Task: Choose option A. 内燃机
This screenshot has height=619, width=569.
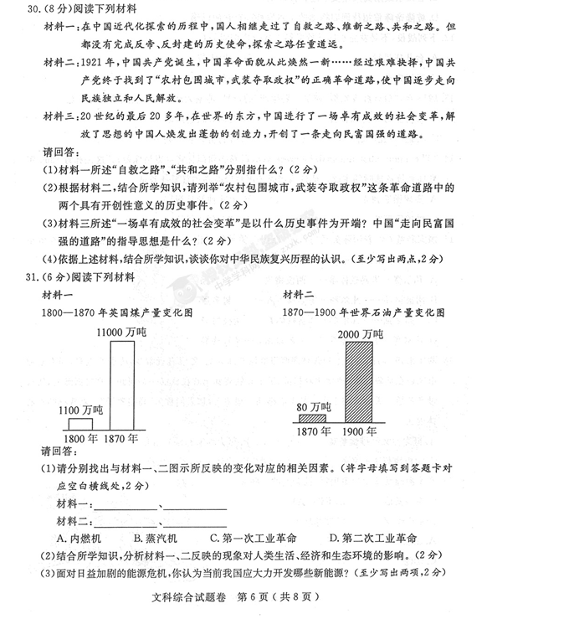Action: (79, 538)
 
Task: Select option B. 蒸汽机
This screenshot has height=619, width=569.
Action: (156, 538)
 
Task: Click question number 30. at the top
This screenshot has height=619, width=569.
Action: (33, 11)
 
